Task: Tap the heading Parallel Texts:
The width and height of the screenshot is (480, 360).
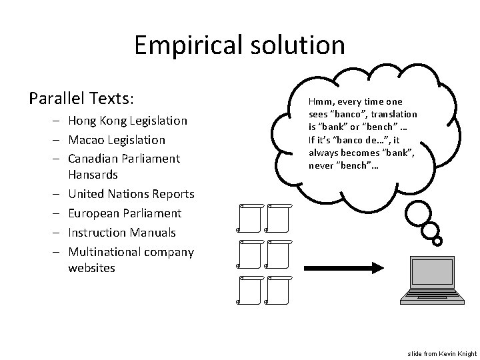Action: coord(82,99)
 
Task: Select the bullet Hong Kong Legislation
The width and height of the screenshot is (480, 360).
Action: coord(127,121)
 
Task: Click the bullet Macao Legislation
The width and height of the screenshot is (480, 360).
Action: coord(116,140)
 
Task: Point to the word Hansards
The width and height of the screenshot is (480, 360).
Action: coord(93,175)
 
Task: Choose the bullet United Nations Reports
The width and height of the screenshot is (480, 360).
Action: coord(131,194)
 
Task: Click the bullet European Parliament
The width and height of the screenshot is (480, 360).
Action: coord(124,213)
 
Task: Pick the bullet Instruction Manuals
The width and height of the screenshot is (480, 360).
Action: coord(121,233)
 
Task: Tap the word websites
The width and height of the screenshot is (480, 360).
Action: coord(91,268)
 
